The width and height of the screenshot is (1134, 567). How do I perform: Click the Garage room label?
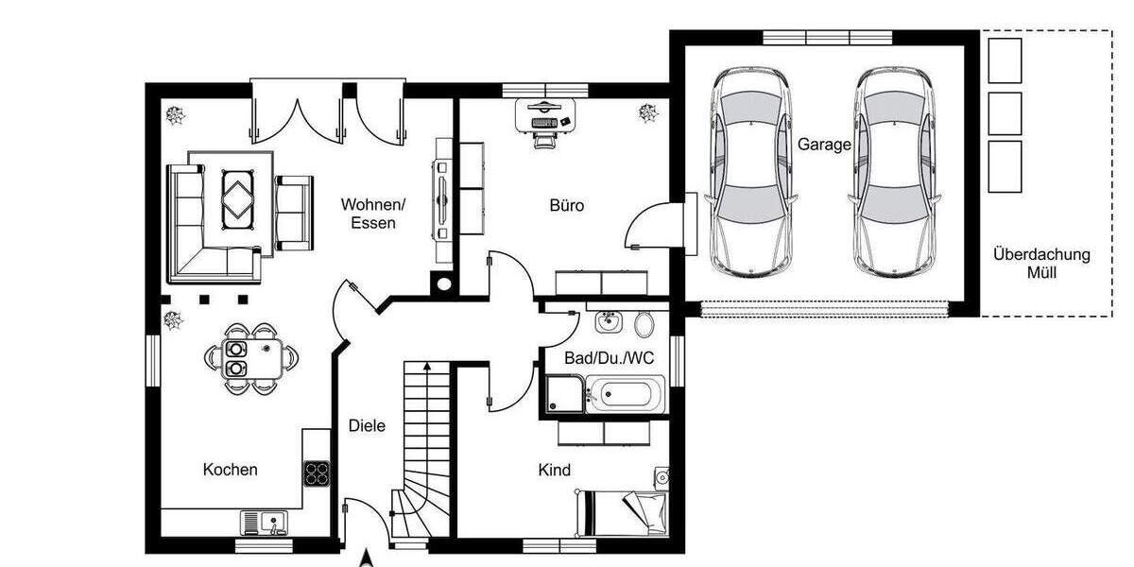(x=824, y=145)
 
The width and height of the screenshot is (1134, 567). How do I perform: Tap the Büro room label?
(x=567, y=205)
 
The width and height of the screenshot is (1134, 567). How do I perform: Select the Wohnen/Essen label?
(x=373, y=214)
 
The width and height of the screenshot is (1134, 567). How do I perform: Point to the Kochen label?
(x=231, y=470)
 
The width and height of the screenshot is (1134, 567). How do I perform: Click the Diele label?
(x=367, y=426)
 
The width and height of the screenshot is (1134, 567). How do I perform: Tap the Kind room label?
(x=555, y=470)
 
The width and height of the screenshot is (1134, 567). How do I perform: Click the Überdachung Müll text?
(x=1041, y=264)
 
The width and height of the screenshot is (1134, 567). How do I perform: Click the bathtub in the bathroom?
(x=625, y=394)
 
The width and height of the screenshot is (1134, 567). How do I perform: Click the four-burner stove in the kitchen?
(x=317, y=472)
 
